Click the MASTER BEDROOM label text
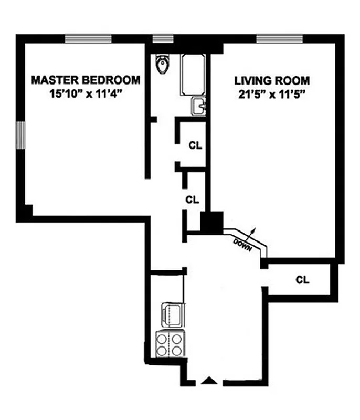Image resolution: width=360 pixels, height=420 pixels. (86, 80)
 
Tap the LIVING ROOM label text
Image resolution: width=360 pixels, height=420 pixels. (272, 81)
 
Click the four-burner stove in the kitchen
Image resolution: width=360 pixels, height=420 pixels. (170, 345)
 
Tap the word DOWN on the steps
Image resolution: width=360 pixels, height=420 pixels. (242, 243)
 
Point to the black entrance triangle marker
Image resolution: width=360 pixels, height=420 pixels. (209, 380)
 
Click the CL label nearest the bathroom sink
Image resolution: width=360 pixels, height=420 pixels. (195, 145)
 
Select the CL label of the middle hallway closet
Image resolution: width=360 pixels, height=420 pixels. (193, 199)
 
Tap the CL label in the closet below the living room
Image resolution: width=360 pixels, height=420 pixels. (302, 279)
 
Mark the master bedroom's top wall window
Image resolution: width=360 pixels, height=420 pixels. (88, 38)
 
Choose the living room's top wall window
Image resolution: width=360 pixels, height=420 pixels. (279, 38)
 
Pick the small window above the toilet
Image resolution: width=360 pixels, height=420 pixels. (163, 38)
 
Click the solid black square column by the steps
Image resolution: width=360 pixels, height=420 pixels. (212, 222)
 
